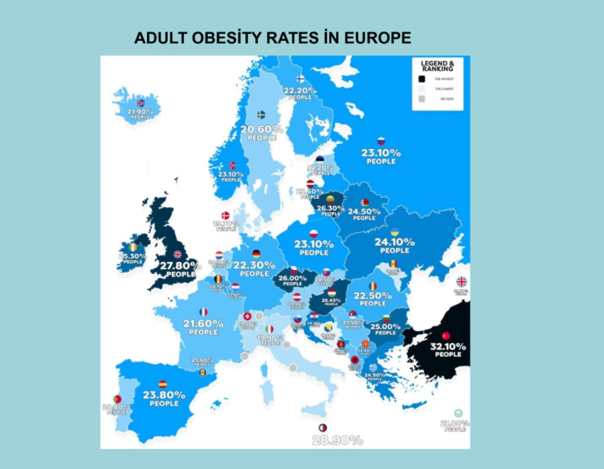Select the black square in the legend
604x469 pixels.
[422, 78]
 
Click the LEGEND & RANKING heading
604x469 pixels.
[437, 66]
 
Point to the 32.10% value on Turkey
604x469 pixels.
[447, 347]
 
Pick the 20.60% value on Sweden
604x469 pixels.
[261, 129]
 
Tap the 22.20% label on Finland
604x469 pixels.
[300, 90]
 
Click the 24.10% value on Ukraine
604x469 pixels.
[395, 242]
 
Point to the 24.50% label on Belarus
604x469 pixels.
[364, 211]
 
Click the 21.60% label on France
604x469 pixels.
[203, 323]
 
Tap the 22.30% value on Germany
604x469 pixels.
[255, 265]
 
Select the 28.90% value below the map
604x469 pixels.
[337, 441]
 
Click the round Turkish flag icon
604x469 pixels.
[445, 335]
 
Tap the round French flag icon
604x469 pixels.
[203, 312]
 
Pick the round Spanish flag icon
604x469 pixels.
[163, 384]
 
